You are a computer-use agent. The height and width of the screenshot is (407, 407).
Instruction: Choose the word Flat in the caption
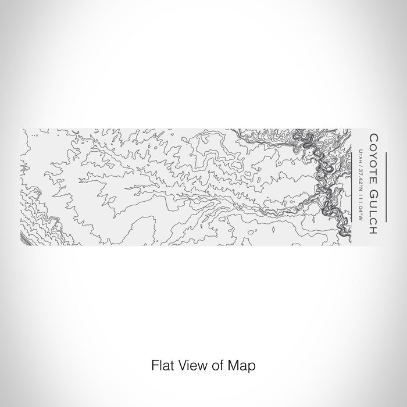pyautogui.click(x=161, y=366)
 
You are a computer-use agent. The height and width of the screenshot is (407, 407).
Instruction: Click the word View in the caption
pyautogui.click(x=189, y=366)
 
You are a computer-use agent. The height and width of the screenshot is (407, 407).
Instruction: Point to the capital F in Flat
pyautogui.click(x=155, y=366)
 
